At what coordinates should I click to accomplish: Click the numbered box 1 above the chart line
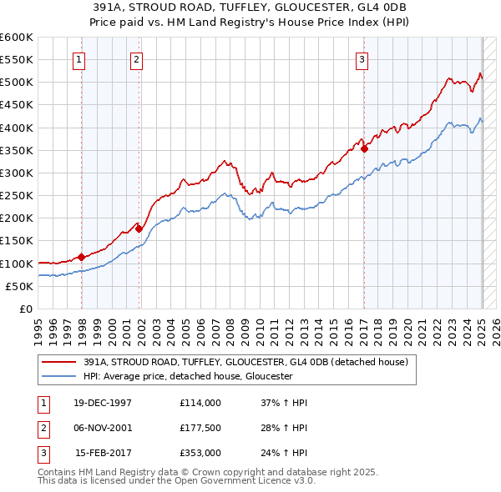[78, 59]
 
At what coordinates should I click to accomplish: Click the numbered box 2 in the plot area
[136, 59]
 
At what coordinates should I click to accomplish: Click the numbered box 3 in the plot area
[362, 59]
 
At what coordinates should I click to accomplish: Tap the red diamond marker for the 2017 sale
[365, 148]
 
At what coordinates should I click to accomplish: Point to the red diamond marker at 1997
[82, 257]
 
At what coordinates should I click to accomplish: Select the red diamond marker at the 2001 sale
[139, 228]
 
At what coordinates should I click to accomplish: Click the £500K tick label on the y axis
[16, 83]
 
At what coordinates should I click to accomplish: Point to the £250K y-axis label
[16, 196]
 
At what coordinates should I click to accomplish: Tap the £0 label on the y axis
[26, 309]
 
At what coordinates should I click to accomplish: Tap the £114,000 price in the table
[200, 403]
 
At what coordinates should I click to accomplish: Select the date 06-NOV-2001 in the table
[103, 428]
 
